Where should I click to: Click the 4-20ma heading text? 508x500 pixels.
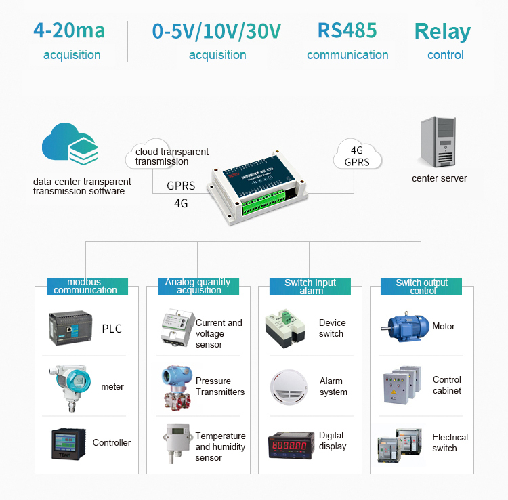click(71, 31)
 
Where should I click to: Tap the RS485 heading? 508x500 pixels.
click(347, 31)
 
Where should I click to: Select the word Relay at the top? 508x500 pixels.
click(442, 32)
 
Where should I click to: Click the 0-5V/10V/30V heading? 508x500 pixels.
click(217, 31)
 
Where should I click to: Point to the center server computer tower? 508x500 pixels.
click(438, 143)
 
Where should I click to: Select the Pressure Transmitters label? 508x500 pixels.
click(219, 386)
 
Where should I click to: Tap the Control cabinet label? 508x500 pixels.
click(446, 385)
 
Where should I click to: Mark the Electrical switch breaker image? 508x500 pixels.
click(400, 444)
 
